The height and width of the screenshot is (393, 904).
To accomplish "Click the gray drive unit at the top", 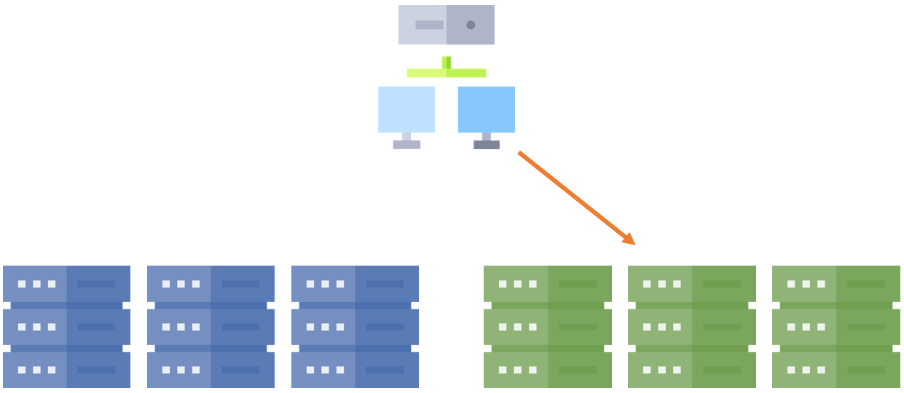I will (446, 25).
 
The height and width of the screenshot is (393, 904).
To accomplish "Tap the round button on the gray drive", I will (471, 25).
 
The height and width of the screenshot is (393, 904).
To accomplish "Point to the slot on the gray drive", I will (429, 25).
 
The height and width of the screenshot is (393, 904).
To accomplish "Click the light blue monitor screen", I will (406, 109).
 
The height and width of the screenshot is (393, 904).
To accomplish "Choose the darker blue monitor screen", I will (486, 109).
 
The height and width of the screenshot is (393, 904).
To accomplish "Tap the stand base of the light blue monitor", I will (406, 144).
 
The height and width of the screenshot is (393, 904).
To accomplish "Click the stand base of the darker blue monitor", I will (486, 144).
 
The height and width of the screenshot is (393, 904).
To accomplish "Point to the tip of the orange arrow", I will (634, 244).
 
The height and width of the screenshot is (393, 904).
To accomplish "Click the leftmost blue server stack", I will (66, 326).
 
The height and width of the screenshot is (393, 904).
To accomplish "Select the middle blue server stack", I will (211, 326).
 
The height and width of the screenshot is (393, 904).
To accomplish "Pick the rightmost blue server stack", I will (355, 326).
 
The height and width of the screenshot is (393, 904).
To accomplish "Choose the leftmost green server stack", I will (547, 326).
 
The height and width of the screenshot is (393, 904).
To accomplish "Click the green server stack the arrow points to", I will (691, 326).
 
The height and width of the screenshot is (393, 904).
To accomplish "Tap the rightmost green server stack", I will (836, 326).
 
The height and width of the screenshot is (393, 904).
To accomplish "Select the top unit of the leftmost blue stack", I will (66, 284).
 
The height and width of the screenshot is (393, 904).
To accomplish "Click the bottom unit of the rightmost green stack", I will (836, 370).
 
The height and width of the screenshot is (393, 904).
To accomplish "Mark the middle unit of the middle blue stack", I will (211, 327).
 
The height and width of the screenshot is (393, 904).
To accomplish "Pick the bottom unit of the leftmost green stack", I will (547, 370).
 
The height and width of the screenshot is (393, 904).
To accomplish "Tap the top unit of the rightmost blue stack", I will (355, 284).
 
